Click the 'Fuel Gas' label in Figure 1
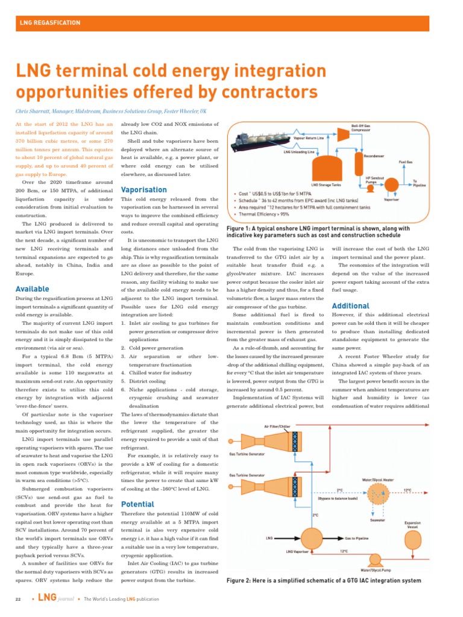click(406, 161)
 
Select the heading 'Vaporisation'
click(144, 190)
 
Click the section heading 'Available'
click(32, 289)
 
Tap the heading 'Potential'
click(138, 504)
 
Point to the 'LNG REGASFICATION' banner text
click(51, 23)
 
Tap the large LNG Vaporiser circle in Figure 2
click(312, 536)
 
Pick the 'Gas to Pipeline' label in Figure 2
click(357, 537)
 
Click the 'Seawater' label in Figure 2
click(378, 519)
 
